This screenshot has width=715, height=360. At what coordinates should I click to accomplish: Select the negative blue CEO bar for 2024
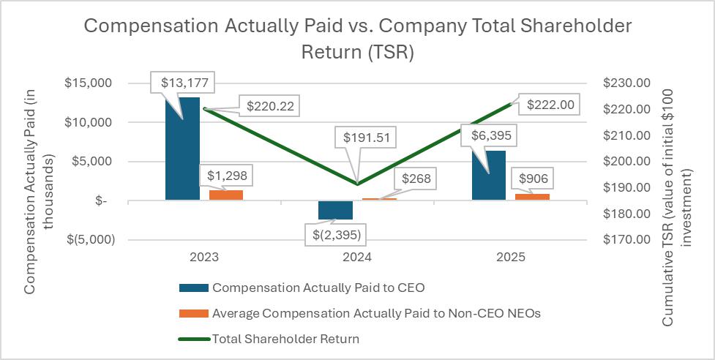[x=335, y=209]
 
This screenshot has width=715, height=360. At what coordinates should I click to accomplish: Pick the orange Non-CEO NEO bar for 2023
[x=226, y=195]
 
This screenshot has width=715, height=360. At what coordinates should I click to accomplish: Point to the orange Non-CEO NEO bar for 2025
[x=532, y=196]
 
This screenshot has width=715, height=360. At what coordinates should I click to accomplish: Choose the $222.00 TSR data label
[x=553, y=105]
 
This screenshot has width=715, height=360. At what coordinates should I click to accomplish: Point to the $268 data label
[x=415, y=178]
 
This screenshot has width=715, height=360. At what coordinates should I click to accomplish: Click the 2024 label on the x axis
[x=357, y=258]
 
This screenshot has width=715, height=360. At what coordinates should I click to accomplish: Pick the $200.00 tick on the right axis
[x=626, y=162]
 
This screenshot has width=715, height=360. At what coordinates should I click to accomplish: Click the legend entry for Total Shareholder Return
[x=285, y=339]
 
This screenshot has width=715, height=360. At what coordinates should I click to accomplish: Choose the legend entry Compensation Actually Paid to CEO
[x=318, y=287]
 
